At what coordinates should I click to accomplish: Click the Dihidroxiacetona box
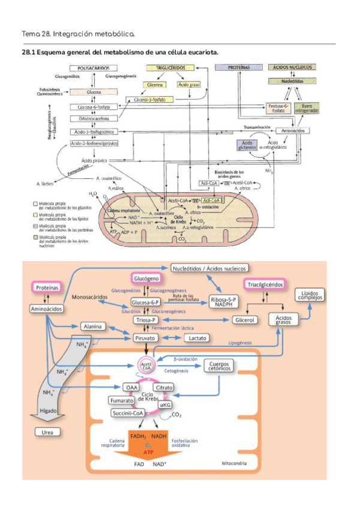click(x=93, y=119)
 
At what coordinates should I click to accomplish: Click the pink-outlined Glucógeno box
click(x=146, y=279)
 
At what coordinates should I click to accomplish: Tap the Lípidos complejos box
click(x=310, y=294)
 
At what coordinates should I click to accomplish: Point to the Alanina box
click(x=95, y=327)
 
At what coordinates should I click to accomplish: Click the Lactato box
click(x=197, y=338)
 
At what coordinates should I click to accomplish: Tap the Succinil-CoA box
click(x=128, y=413)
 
